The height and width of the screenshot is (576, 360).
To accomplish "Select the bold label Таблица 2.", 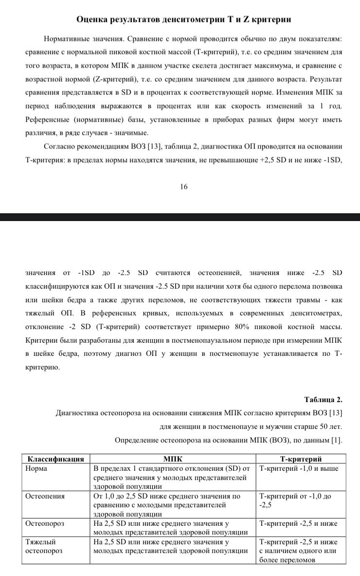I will click(324, 400).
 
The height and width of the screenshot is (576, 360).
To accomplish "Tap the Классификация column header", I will click(55, 459).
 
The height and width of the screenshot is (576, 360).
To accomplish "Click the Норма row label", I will click(36, 468).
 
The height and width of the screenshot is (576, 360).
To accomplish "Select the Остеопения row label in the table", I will click(45, 496).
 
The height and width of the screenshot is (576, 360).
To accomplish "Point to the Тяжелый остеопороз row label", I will click(40, 546).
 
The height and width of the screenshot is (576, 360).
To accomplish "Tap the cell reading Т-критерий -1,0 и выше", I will click(299, 468).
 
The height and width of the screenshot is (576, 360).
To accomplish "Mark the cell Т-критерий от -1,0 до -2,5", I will click(295, 501).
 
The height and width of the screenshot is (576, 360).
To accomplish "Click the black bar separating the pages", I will click(180, 217).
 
